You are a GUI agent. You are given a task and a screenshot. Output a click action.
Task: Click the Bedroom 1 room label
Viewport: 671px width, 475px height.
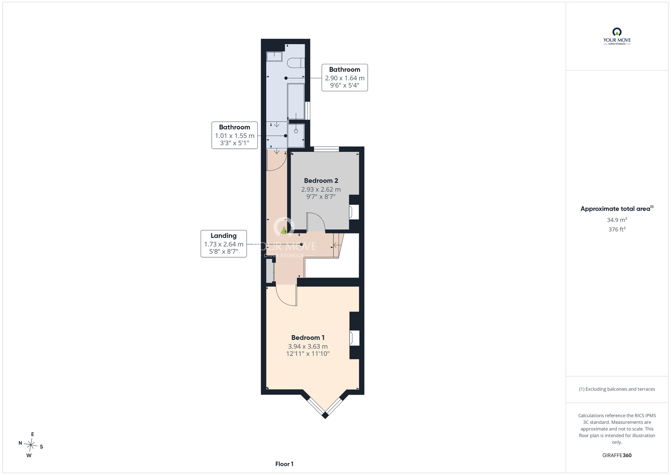click(x=308, y=338)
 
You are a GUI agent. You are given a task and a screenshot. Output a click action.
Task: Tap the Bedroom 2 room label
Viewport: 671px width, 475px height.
click(x=321, y=181)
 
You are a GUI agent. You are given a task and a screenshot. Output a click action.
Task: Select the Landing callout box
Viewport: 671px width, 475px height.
click(x=224, y=244)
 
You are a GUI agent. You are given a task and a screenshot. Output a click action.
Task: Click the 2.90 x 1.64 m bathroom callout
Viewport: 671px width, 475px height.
click(x=345, y=78)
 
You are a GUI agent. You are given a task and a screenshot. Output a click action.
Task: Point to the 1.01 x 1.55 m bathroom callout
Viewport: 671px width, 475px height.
click(x=235, y=135)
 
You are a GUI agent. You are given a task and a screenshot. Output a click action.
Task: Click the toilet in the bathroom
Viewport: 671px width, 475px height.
click(x=296, y=63)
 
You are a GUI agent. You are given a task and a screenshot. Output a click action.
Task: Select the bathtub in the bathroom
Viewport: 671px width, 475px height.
click(x=296, y=101)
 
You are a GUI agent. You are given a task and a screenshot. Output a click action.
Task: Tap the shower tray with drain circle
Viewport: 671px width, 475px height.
click(x=296, y=135)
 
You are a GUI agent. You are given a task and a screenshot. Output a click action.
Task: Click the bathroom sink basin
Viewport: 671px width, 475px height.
click(x=274, y=56)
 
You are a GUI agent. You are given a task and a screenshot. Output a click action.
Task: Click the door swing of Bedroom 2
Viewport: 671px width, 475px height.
click(x=316, y=222)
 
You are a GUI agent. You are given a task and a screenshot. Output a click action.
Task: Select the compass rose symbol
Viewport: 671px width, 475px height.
click(x=31, y=445)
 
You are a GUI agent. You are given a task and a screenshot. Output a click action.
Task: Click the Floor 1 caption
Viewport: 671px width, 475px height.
click(x=284, y=464)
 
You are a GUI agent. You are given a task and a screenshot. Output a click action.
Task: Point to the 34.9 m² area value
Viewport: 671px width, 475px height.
click(x=617, y=220)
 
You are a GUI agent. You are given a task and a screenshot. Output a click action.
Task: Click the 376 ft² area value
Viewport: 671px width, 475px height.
click(x=617, y=229)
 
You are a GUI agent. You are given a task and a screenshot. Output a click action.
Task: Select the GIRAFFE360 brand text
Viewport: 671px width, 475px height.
click(x=617, y=456)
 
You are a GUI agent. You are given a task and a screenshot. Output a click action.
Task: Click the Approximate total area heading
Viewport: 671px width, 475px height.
click(x=617, y=208)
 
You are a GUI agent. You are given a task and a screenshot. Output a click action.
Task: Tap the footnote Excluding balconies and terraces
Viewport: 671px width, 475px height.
click(x=617, y=389)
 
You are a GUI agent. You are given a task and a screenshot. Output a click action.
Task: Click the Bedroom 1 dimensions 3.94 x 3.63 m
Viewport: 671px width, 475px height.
click(x=308, y=346)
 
